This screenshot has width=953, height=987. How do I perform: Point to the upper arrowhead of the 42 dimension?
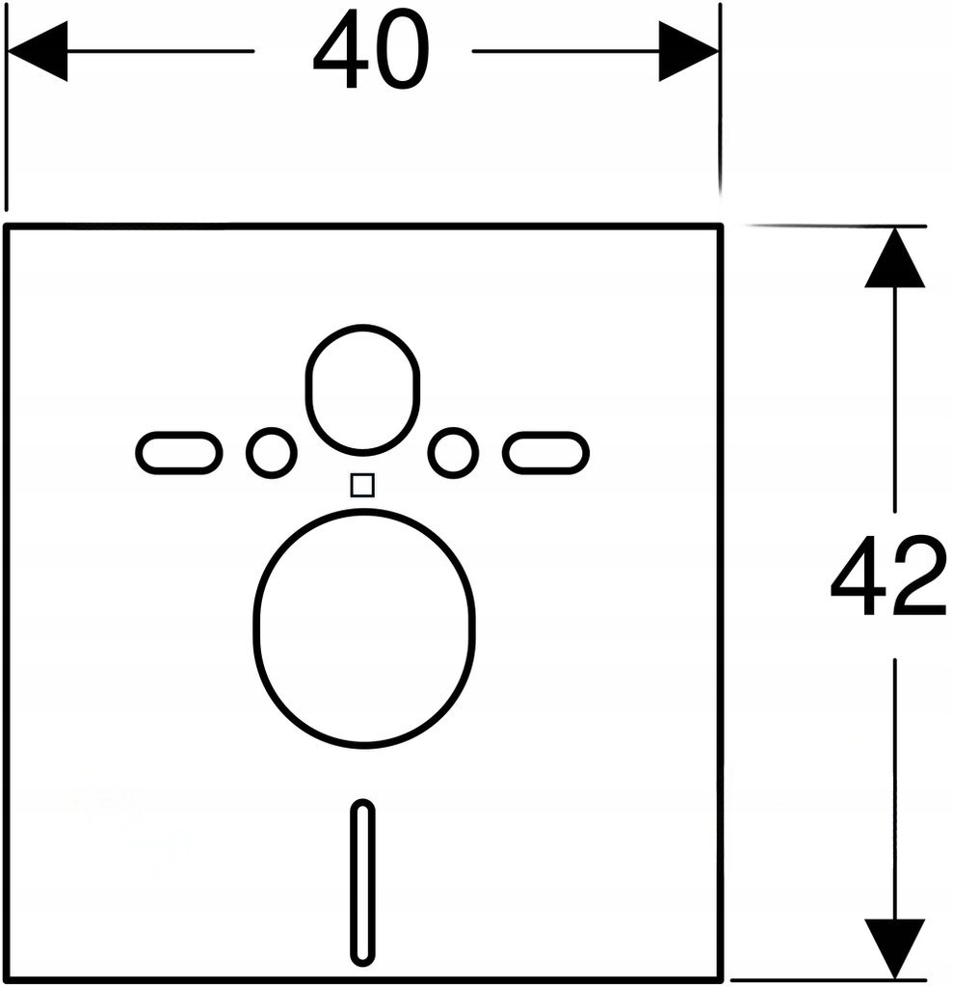[895, 260]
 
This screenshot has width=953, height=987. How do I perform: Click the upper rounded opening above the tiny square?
[362, 389]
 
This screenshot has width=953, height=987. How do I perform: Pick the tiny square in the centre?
[362, 485]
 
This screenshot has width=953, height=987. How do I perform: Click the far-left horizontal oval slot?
[179, 452]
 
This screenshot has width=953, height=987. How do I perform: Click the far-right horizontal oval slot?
[546, 452]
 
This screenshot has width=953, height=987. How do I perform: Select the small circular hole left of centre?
[271, 452]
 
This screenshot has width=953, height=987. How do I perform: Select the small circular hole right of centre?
[454, 452]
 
